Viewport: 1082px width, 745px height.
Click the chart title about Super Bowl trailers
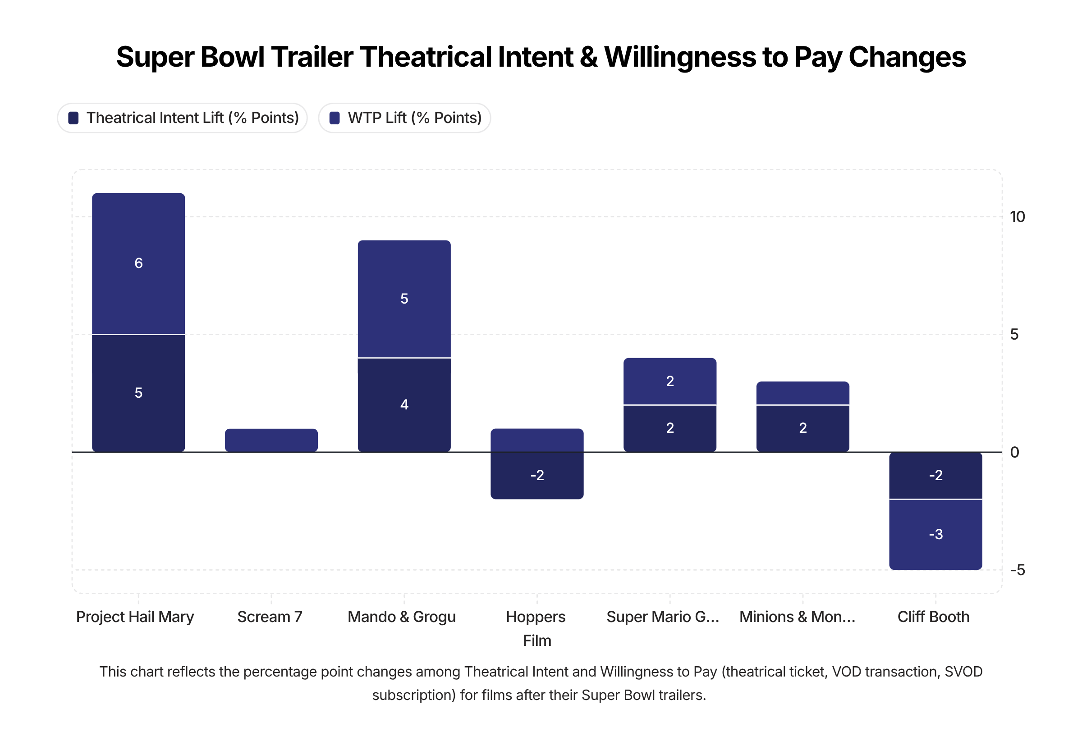[x=541, y=57]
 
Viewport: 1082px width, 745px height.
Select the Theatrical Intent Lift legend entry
[x=183, y=118]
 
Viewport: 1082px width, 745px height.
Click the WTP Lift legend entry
[x=405, y=118]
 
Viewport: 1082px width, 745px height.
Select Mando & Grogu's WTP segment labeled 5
[x=404, y=299]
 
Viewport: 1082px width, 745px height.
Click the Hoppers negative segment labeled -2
[x=537, y=476]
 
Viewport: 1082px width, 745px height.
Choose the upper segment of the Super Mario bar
[x=669, y=382]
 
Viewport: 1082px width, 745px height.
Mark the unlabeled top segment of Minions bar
[x=802, y=394]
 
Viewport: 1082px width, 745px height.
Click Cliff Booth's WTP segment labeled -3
[x=935, y=535]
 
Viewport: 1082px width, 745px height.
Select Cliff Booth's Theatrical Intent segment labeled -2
[x=935, y=476]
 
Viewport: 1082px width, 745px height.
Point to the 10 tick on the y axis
[x=1017, y=217]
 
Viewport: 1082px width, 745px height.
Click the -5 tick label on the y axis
[x=1017, y=570]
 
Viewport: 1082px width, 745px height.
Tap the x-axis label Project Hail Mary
[x=135, y=617]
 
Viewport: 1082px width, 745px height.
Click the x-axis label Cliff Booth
[x=933, y=617]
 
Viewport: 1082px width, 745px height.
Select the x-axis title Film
[x=537, y=641]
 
